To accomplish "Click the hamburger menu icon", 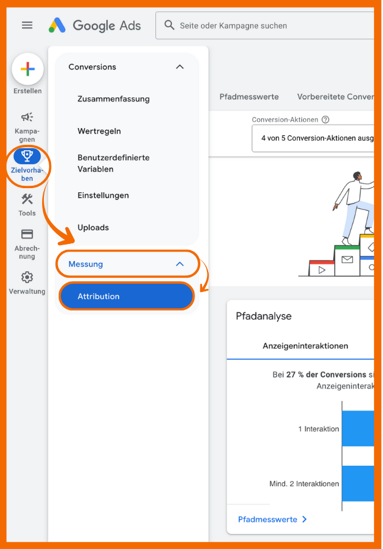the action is (27, 25).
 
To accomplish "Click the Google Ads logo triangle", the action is (57, 25).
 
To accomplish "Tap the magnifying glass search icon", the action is (170, 25).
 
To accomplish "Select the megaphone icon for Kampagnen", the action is (27, 117).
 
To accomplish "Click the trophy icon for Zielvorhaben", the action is (27, 156).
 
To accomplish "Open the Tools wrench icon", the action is (27, 199).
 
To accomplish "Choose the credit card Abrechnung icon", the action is (27, 234).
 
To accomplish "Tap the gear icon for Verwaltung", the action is (27, 277).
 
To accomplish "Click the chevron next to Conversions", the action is (180, 67).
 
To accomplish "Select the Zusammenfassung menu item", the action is (114, 99).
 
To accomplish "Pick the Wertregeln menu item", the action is (100, 131).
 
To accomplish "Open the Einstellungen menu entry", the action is (103, 195).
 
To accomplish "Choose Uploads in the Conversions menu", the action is (93, 227).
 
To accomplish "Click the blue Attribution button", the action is (126, 296).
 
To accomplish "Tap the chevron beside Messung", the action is (180, 264).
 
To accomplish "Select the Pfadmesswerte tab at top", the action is (249, 97).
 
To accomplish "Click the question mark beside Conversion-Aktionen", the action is (325, 120).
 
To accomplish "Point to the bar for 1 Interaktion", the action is (358, 428).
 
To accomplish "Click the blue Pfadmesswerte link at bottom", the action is (272, 519).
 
